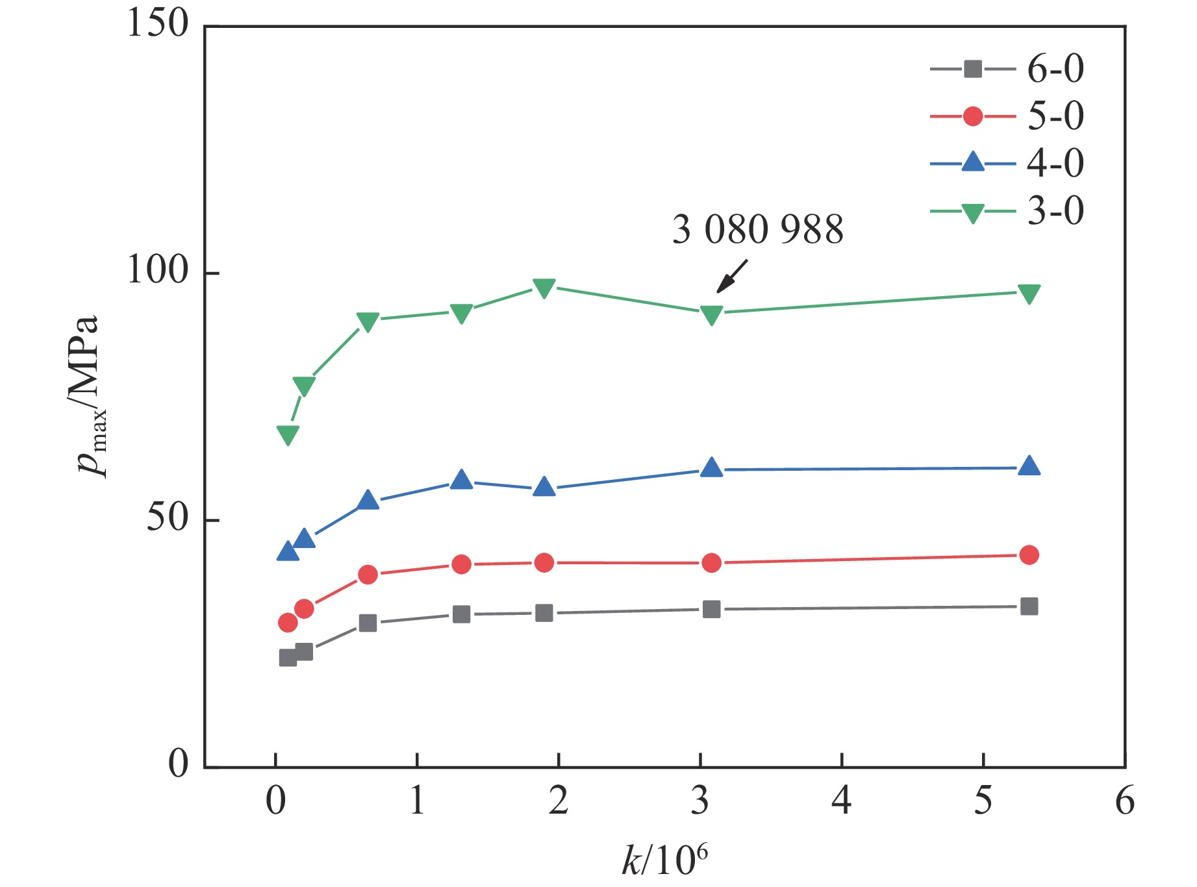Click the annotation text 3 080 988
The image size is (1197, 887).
point(757,230)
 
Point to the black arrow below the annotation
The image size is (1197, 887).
point(732,276)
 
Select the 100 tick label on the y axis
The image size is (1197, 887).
point(157,271)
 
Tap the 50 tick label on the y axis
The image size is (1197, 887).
point(167,518)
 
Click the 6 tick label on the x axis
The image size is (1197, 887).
point(1125,801)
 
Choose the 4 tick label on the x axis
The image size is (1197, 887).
point(842,801)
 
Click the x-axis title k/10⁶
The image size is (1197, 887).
point(664,860)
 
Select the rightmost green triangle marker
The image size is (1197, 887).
point(1029,294)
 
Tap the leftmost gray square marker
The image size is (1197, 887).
point(288,658)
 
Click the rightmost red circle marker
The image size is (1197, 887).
point(1029,555)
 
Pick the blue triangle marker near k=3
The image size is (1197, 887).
point(712,468)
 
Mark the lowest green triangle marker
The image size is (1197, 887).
point(288,435)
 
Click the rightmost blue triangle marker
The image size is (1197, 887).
point(1029,466)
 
